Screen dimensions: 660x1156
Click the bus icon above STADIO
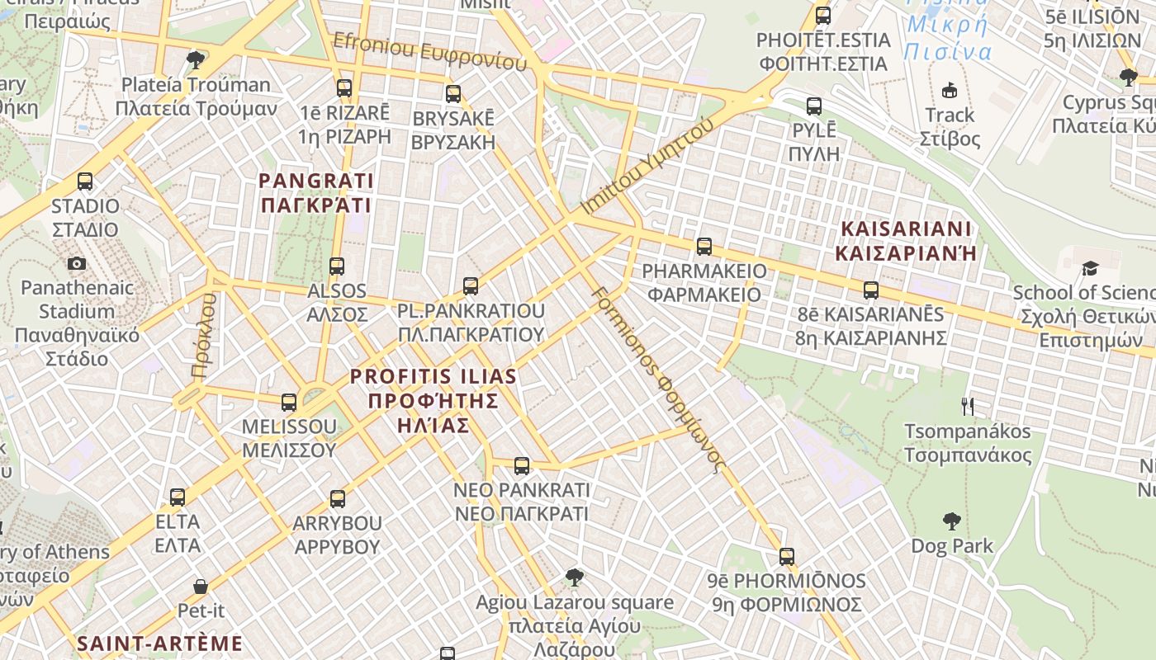(x=85, y=181)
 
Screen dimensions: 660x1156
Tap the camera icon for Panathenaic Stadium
(x=77, y=263)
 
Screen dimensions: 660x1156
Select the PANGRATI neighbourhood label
(x=316, y=192)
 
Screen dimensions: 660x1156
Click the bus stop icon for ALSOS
(x=337, y=266)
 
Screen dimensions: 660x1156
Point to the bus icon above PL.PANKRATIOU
(x=471, y=286)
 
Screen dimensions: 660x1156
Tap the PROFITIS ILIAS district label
(x=433, y=401)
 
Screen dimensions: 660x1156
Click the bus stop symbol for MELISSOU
(x=289, y=403)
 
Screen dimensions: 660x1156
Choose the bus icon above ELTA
(x=178, y=497)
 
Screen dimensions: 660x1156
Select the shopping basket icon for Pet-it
(x=201, y=587)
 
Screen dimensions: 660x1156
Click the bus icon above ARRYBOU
(x=337, y=499)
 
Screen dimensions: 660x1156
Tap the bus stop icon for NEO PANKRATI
(x=522, y=466)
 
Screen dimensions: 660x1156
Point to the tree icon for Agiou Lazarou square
(x=575, y=577)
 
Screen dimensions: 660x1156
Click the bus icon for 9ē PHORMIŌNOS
(x=787, y=557)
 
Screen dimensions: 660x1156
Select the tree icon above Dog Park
(x=952, y=521)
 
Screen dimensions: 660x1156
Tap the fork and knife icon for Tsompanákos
(x=968, y=406)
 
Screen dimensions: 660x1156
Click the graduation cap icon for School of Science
(x=1090, y=268)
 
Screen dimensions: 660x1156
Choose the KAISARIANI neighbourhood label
(x=905, y=240)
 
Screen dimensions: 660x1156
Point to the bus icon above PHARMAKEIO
(x=704, y=246)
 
